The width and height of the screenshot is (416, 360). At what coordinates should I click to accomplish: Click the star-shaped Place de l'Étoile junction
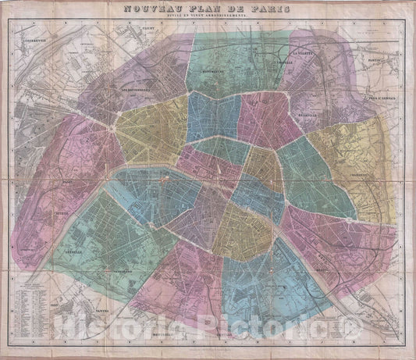[116, 124]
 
